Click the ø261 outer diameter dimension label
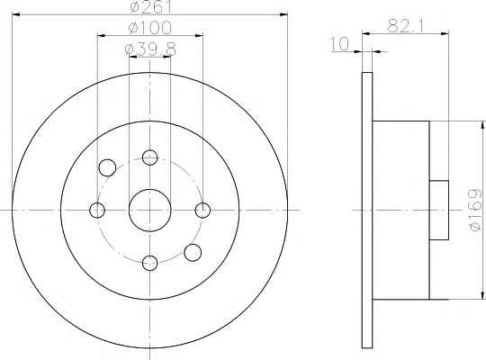(150, 6)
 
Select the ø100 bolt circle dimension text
(149, 28)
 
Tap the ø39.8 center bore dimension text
(150, 49)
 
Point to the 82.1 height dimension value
(406, 26)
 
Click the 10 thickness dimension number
(339, 44)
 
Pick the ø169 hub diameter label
(475, 210)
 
